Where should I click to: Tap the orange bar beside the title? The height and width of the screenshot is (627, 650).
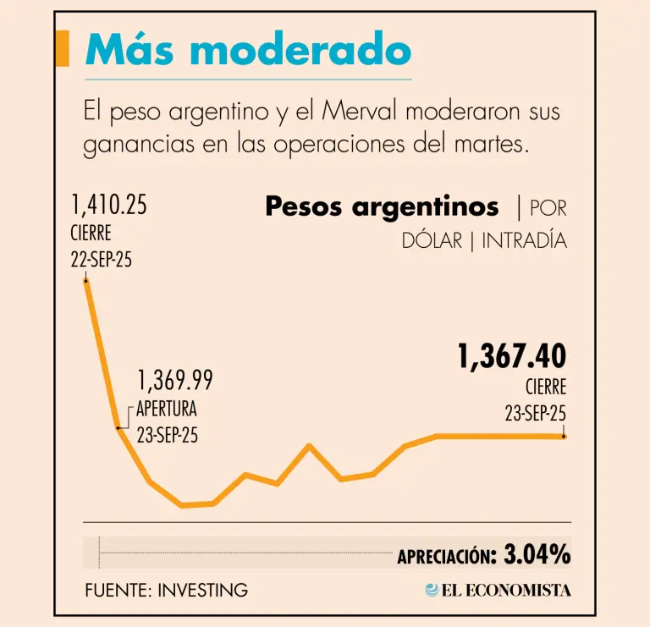pyautogui.click(x=61, y=48)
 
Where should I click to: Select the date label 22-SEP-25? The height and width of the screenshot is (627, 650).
pyautogui.click(x=102, y=259)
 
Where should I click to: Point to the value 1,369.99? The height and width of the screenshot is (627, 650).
pyautogui.click(x=175, y=381)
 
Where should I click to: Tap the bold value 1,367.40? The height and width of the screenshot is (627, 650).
pyautogui.click(x=512, y=356)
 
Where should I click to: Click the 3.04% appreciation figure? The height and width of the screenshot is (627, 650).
pyautogui.click(x=537, y=555)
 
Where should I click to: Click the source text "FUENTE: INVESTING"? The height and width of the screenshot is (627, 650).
pyautogui.click(x=166, y=590)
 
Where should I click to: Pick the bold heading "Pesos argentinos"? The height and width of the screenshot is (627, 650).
pyautogui.click(x=382, y=206)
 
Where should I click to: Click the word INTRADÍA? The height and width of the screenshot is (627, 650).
pyautogui.click(x=524, y=240)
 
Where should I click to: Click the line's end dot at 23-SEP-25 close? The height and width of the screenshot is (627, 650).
pyautogui.click(x=564, y=436)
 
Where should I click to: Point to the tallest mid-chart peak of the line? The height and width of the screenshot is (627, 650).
pyautogui.click(x=309, y=445)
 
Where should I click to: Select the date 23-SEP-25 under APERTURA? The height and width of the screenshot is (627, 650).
pyautogui.click(x=168, y=436)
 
